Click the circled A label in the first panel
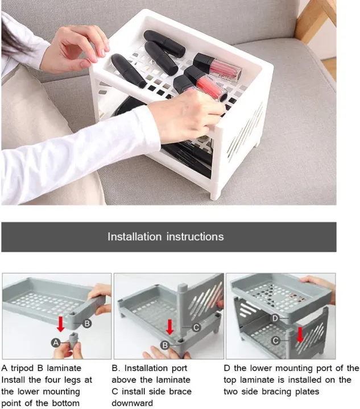56,342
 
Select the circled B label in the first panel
87,323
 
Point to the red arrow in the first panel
60,323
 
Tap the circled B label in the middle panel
164,344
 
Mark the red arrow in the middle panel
169,327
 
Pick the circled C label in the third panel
275,340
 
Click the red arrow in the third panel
300,334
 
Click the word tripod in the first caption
24,368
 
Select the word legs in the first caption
71,379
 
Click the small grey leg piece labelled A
73,343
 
